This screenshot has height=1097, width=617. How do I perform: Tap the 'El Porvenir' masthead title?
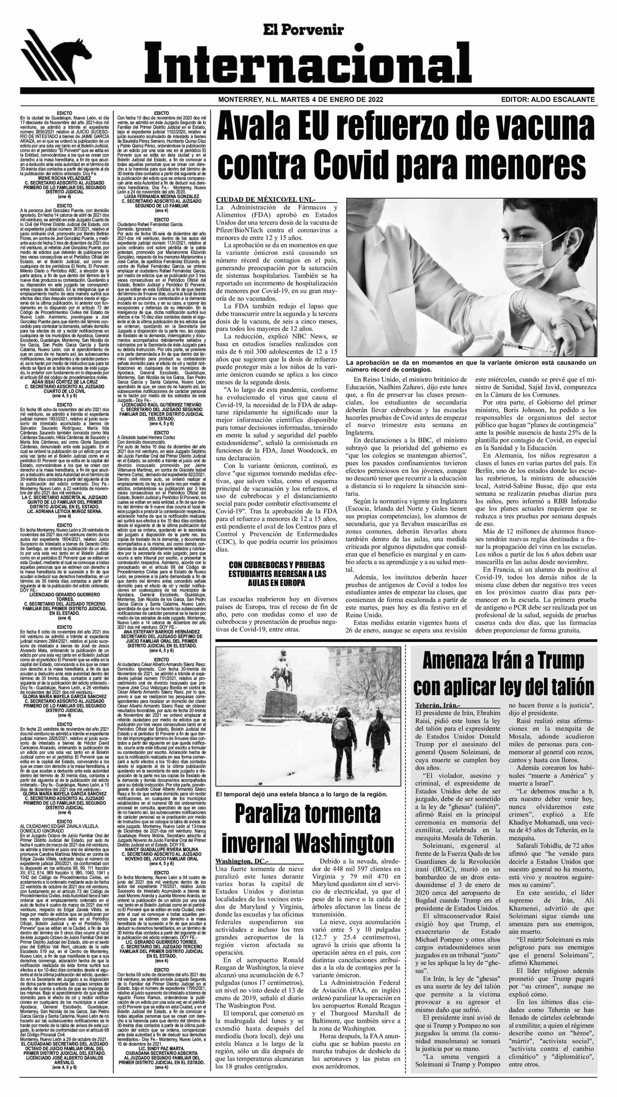pos(303,30)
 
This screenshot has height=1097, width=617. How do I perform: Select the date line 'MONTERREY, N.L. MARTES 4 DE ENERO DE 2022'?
pos(300,100)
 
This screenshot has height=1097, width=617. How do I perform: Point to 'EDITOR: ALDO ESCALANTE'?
pos(548,100)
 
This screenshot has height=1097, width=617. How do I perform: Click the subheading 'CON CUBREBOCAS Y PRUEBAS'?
pos(276,565)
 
